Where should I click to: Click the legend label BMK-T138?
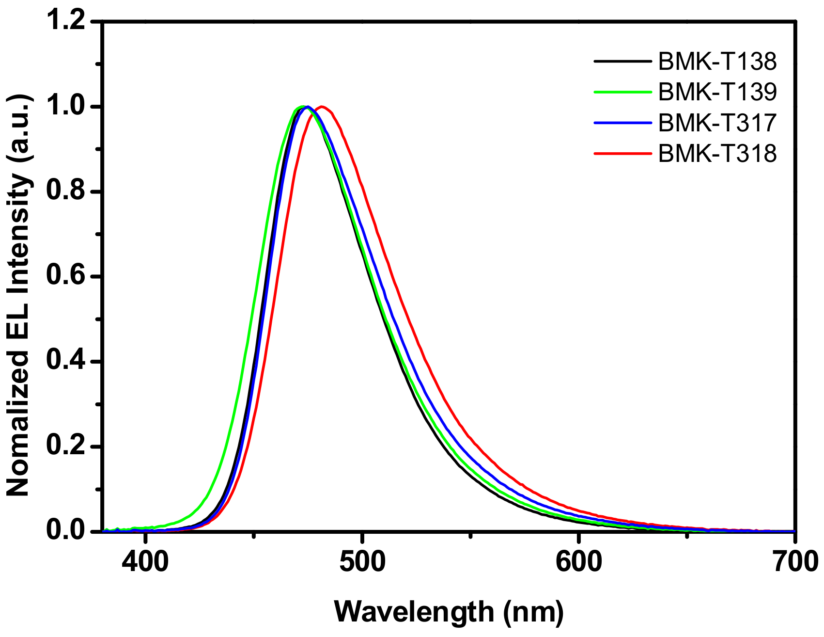[x=717, y=61]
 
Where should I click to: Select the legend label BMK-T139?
[x=717, y=92]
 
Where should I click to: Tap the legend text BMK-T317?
[x=717, y=123]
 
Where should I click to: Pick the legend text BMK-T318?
[x=717, y=153]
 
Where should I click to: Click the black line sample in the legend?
[x=622, y=61]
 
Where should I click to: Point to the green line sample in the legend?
[x=622, y=92]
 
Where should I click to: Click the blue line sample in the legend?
[x=622, y=123]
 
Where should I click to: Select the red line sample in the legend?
[x=622, y=153]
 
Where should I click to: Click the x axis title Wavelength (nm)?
[x=449, y=611]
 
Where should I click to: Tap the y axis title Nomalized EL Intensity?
[x=19, y=296]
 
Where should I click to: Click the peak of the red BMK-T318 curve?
[x=322, y=107]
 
